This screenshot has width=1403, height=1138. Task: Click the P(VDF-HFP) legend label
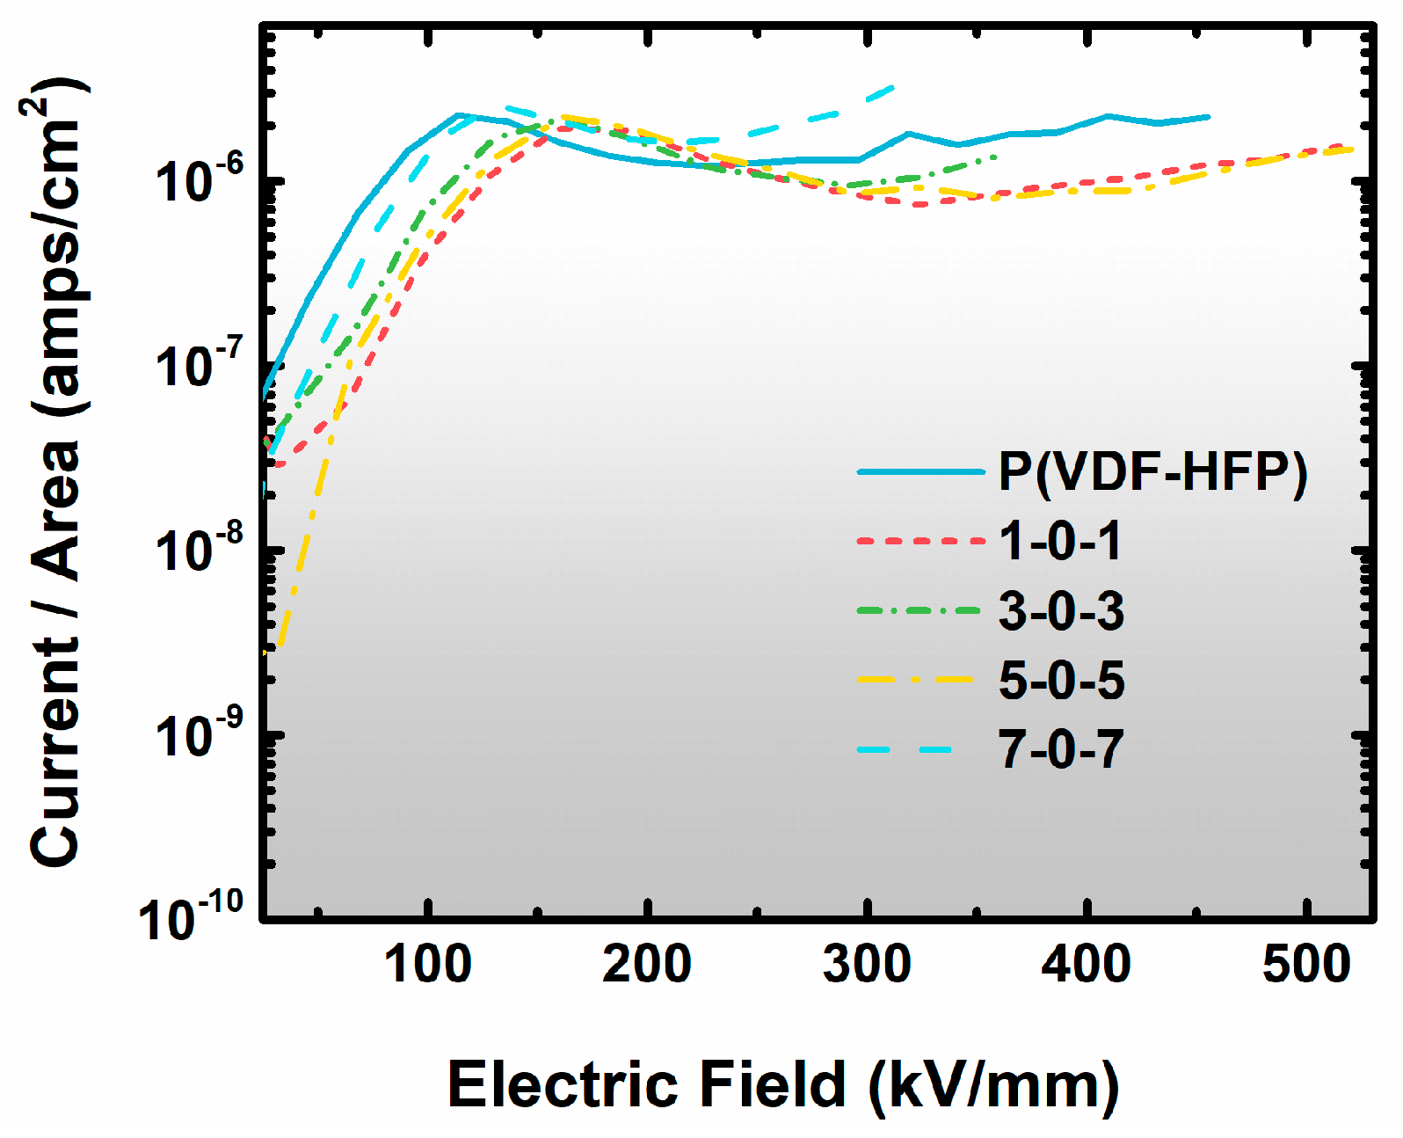tap(1152, 472)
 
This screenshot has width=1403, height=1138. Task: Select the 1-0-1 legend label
tap(1060, 540)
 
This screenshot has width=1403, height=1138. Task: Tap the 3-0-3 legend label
tap(1061, 610)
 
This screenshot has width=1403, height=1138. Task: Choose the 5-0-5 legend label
tap(1061, 680)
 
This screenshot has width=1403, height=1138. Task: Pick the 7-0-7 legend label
tap(1061, 750)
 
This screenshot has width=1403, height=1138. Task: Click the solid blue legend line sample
tap(920, 472)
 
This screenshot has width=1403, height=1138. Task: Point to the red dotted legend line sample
tap(920, 541)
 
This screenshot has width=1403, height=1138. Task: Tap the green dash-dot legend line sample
tap(920, 610)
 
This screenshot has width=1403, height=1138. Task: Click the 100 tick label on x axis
tap(428, 964)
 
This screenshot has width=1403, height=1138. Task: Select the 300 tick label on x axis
tap(867, 964)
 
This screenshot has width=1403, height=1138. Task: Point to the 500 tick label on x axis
tap(1306, 964)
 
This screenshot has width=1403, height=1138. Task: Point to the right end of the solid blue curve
tap(1209, 116)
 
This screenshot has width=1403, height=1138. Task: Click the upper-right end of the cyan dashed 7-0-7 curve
tap(893, 86)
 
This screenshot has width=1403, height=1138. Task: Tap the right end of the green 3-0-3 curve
tap(996, 157)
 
